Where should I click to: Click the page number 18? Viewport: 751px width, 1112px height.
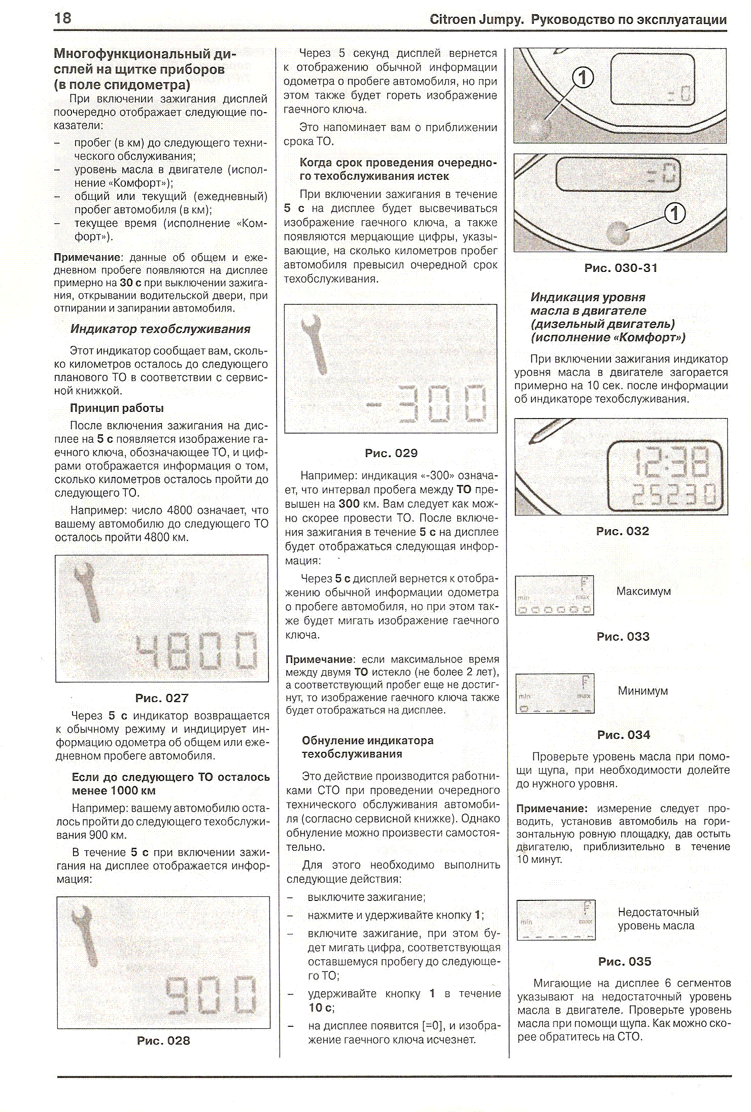(63, 19)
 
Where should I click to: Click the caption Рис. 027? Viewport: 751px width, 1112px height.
(162, 698)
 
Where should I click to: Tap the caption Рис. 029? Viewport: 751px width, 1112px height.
(391, 453)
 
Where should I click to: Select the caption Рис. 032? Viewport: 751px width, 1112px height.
(623, 531)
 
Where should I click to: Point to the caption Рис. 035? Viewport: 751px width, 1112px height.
(625, 961)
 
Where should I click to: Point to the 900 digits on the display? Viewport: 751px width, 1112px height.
(211, 995)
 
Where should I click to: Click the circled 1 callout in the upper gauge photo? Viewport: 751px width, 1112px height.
(583, 78)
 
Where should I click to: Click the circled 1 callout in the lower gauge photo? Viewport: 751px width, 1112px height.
(675, 213)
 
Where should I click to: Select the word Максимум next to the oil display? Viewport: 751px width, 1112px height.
(643, 591)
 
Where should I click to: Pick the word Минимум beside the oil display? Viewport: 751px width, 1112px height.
(643, 690)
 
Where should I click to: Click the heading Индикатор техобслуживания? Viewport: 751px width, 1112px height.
(160, 329)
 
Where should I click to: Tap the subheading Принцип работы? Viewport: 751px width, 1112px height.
(117, 408)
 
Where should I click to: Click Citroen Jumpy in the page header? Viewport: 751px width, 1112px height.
(476, 20)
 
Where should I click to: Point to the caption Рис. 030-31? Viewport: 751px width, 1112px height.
(621, 268)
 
